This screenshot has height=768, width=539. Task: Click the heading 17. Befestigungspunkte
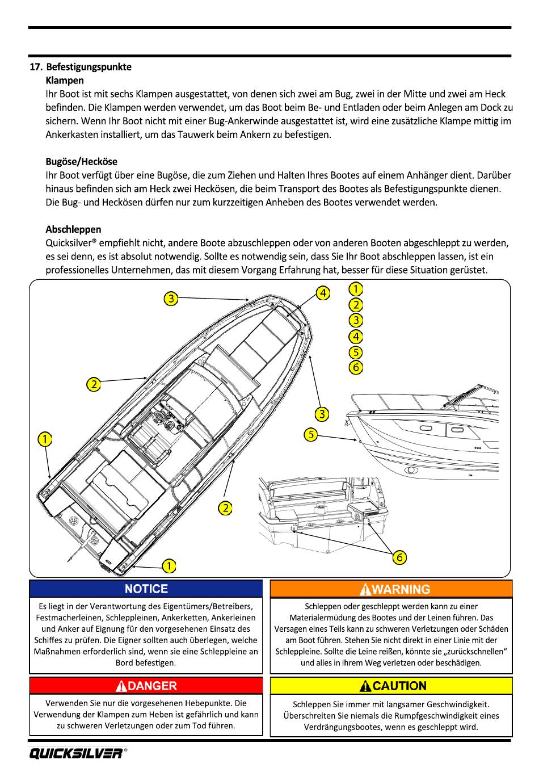(81, 67)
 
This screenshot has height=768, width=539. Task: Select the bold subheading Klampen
(65, 81)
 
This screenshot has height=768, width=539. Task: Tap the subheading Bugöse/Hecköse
(82, 162)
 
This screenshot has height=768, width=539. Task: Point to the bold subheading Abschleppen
(73, 229)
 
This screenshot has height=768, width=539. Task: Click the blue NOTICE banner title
(146, 589)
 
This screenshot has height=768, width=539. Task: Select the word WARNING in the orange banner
(402, 590)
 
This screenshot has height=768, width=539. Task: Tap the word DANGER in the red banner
(153, 686)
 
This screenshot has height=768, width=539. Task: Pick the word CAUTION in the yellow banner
(399, 686)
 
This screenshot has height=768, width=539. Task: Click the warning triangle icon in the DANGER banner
(121, 686)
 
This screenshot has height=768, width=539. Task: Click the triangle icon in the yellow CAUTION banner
(366, 686)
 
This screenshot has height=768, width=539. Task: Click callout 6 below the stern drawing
(399, 557)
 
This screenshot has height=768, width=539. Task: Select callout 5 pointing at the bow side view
(310, 435)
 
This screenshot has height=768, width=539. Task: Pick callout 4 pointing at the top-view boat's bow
(322, 293)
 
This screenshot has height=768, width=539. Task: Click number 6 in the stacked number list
(356, 367)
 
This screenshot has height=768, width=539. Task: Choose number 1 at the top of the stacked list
(356, 288)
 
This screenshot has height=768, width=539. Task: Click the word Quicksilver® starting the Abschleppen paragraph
(70, 243)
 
